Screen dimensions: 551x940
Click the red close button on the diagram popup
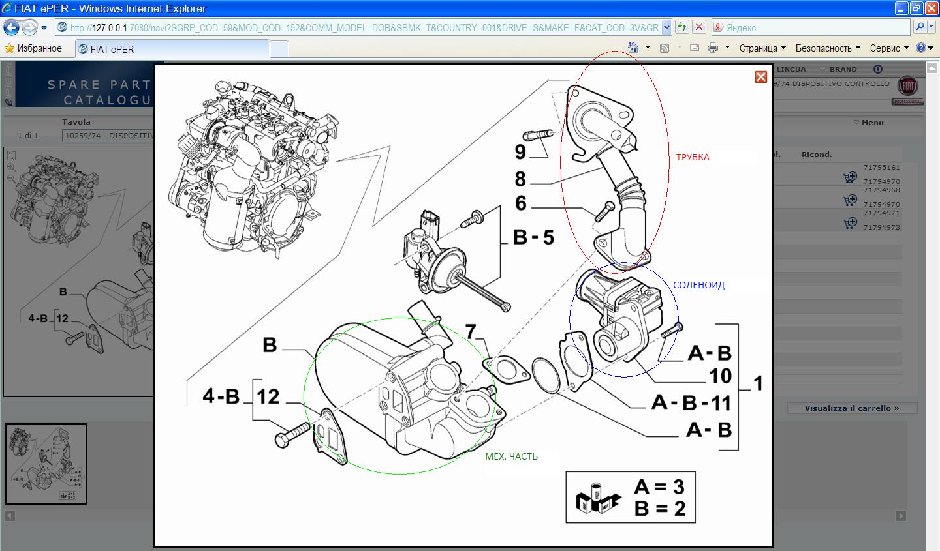coord(760,77)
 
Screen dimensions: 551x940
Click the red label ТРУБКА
coord(693,157)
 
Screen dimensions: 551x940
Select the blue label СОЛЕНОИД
coord(698,285)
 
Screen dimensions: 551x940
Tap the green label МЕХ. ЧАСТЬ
coord(511,456)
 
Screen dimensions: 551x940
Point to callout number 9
coord(520,152)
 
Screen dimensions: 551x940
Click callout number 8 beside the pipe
coord(520,179)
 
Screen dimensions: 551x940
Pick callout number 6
coord(520,203)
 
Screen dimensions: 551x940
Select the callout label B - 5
coord(533,237)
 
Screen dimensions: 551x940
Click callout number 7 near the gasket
coord(471,331)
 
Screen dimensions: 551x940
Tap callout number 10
coord(720,376)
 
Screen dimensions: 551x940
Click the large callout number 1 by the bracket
coord(758,383)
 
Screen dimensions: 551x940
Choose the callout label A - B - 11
coord(691,402)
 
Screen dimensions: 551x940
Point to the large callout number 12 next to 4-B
coord(268,396)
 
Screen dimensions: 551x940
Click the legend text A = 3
coord(659,486)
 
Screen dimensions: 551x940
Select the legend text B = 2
coord(659,508)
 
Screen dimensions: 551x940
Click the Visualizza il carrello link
coord(851,408)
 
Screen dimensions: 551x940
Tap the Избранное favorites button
coord(33,48)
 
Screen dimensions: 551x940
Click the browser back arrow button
coord(11,28)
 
